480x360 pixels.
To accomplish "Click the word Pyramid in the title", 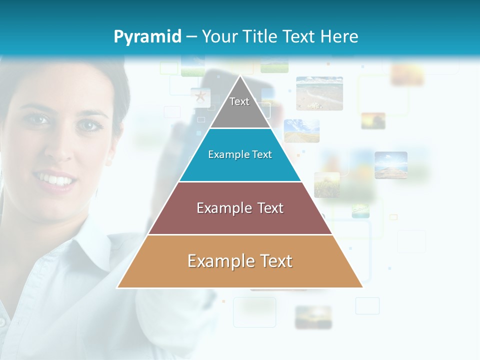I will point(147,37).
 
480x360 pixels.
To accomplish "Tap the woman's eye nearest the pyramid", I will point(88,125).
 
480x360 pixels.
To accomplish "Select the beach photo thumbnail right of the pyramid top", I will point(319,93).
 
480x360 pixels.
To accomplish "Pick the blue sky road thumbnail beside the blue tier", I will point(301,130).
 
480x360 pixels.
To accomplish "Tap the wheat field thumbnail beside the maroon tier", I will point(326,184).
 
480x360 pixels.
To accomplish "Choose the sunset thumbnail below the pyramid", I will point(313,317).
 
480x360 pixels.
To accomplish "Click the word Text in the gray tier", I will point(239,101).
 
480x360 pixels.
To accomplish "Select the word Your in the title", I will point(218,37).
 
